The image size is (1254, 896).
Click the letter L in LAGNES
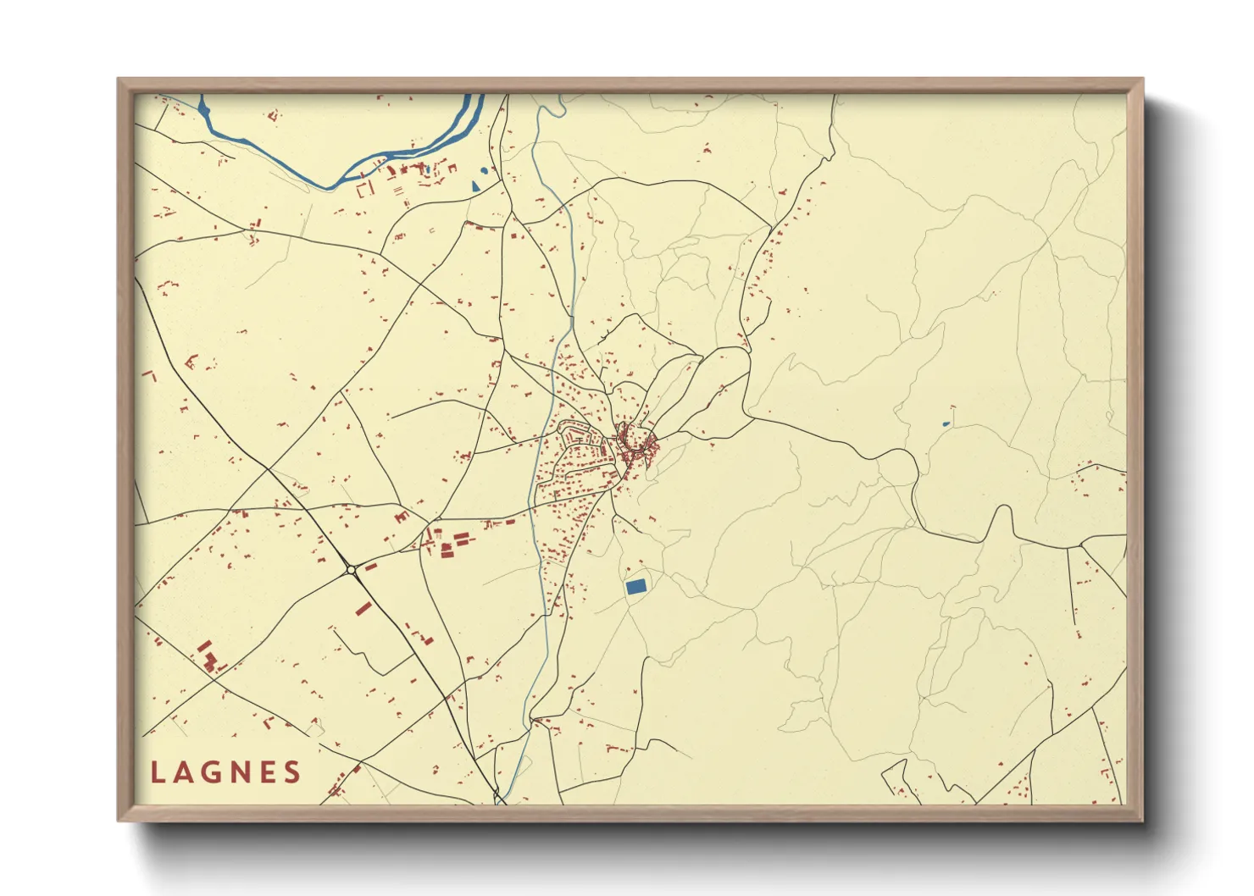[158, 772]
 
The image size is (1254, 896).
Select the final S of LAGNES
[292, 772]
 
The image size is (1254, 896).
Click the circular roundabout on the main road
[350, 571]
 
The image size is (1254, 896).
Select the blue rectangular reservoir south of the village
[635, 585]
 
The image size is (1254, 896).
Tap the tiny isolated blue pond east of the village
[946, 423]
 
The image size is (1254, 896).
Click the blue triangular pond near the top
[476, 184]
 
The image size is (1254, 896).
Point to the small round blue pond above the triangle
[485, 170]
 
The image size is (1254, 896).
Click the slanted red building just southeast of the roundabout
[363, 607]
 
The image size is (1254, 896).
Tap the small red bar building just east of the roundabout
[370, 566]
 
